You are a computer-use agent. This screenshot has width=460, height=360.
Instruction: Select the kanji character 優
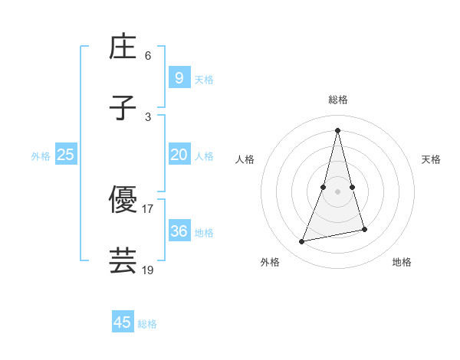tap(123, 201)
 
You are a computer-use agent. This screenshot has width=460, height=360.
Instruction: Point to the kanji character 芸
tap(123, 260)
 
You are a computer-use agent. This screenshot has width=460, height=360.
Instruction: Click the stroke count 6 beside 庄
tap(148, 55)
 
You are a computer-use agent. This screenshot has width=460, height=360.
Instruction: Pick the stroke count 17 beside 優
tap(148, 208)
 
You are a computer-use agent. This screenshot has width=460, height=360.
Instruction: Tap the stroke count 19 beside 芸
tap(148, 270)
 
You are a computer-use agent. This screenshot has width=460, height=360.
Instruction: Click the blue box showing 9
tap(179, 77)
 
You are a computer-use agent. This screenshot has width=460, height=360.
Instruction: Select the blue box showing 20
tap(179, 155)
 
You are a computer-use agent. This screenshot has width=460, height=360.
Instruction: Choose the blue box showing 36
tap(179, 231)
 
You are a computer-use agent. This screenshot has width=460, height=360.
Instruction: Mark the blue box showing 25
tap(66, 155)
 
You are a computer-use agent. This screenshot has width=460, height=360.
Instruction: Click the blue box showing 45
tap(123, 322)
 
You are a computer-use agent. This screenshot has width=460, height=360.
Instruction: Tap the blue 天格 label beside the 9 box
tap(204, 79)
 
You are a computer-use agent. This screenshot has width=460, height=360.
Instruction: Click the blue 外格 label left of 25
tap(41, 156)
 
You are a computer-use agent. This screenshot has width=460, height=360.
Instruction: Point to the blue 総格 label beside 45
tap(147, 324)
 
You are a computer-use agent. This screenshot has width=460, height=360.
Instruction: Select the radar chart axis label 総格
tap(337, 100)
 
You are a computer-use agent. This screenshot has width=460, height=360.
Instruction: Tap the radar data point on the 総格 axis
tap(337, 130)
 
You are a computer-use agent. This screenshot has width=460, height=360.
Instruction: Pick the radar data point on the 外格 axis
tap(302, 242)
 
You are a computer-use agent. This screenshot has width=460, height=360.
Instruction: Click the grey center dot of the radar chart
tap(337, 191)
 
